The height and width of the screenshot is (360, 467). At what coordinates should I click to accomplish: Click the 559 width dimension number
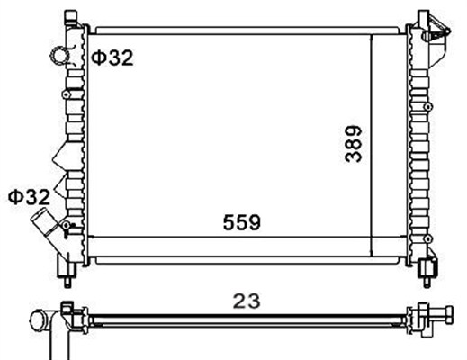pyautogui.click(x=242, y=222)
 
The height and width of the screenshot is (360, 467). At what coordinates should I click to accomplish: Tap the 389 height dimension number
pyautogui.click(x=354, y=144)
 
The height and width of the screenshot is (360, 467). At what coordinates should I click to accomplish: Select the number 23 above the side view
pyautogui.click(x=247, y=301)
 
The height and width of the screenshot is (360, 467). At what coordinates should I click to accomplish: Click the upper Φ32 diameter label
pyautogui.click(x=112, y=58)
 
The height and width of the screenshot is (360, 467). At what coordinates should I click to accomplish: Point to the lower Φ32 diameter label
pyautogui.click(x=29, y=197)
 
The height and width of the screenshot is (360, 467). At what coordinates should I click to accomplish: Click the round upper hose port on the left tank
pyautogui.click(x=60, y=56)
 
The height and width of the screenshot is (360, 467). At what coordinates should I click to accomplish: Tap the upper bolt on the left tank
pyautogui.click(x=67, y=94)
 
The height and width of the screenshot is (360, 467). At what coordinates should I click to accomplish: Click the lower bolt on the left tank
pyautogui.click(x=67, y=225)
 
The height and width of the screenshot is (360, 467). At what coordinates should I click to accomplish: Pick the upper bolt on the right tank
pyautogui.click(x=428, y=106)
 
